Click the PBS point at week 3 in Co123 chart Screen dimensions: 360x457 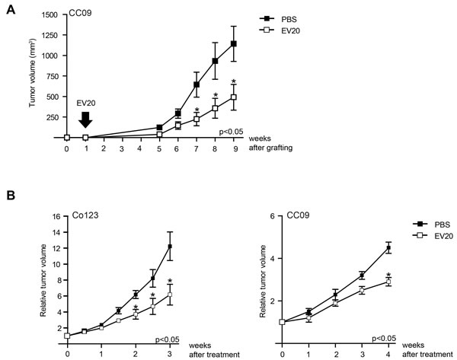coord(170,247)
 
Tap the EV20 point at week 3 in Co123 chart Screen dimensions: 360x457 coord(170,295)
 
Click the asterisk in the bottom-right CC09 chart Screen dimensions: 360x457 coord(389,276)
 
